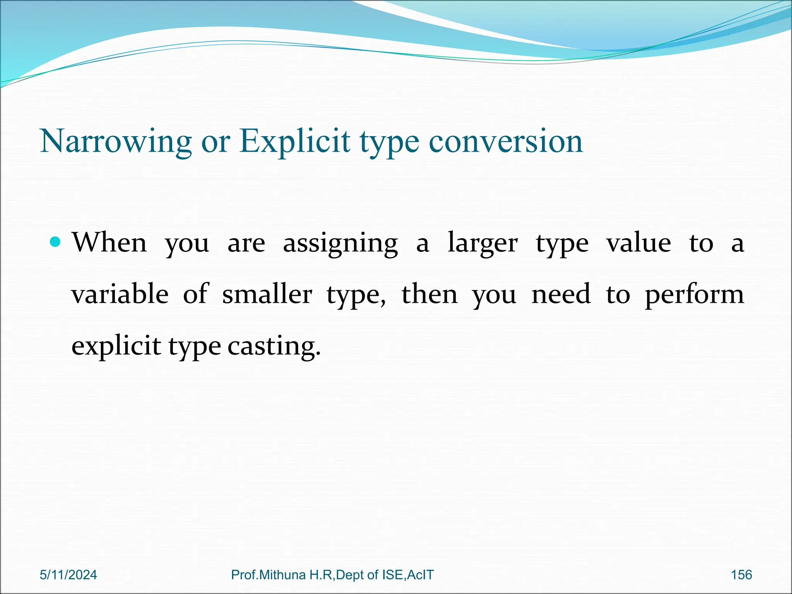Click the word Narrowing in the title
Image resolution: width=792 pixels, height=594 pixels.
(116, 142)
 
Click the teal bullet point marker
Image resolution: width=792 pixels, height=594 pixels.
(56, 242)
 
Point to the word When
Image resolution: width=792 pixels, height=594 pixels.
(110, 243)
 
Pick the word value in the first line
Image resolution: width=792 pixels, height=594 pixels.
(638, 243)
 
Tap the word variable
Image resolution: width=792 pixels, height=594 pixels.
(120, 294)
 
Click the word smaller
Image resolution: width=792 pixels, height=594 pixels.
(267, 294)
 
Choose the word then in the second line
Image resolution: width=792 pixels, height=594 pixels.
(430, 294)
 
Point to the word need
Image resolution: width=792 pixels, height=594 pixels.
(561, 294)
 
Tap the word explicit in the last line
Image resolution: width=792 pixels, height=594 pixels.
(116, 346)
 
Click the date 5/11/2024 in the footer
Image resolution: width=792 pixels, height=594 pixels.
(68, 575)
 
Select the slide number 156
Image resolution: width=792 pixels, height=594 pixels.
(741, 575)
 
